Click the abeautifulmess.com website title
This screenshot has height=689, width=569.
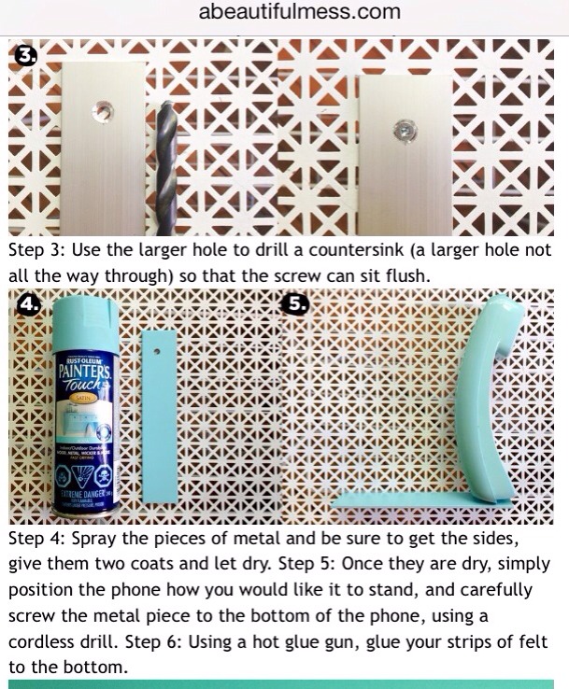click(299, 12)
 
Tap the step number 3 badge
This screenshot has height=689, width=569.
click(26, 56)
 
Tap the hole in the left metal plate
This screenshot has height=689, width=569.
click(102, 112)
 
